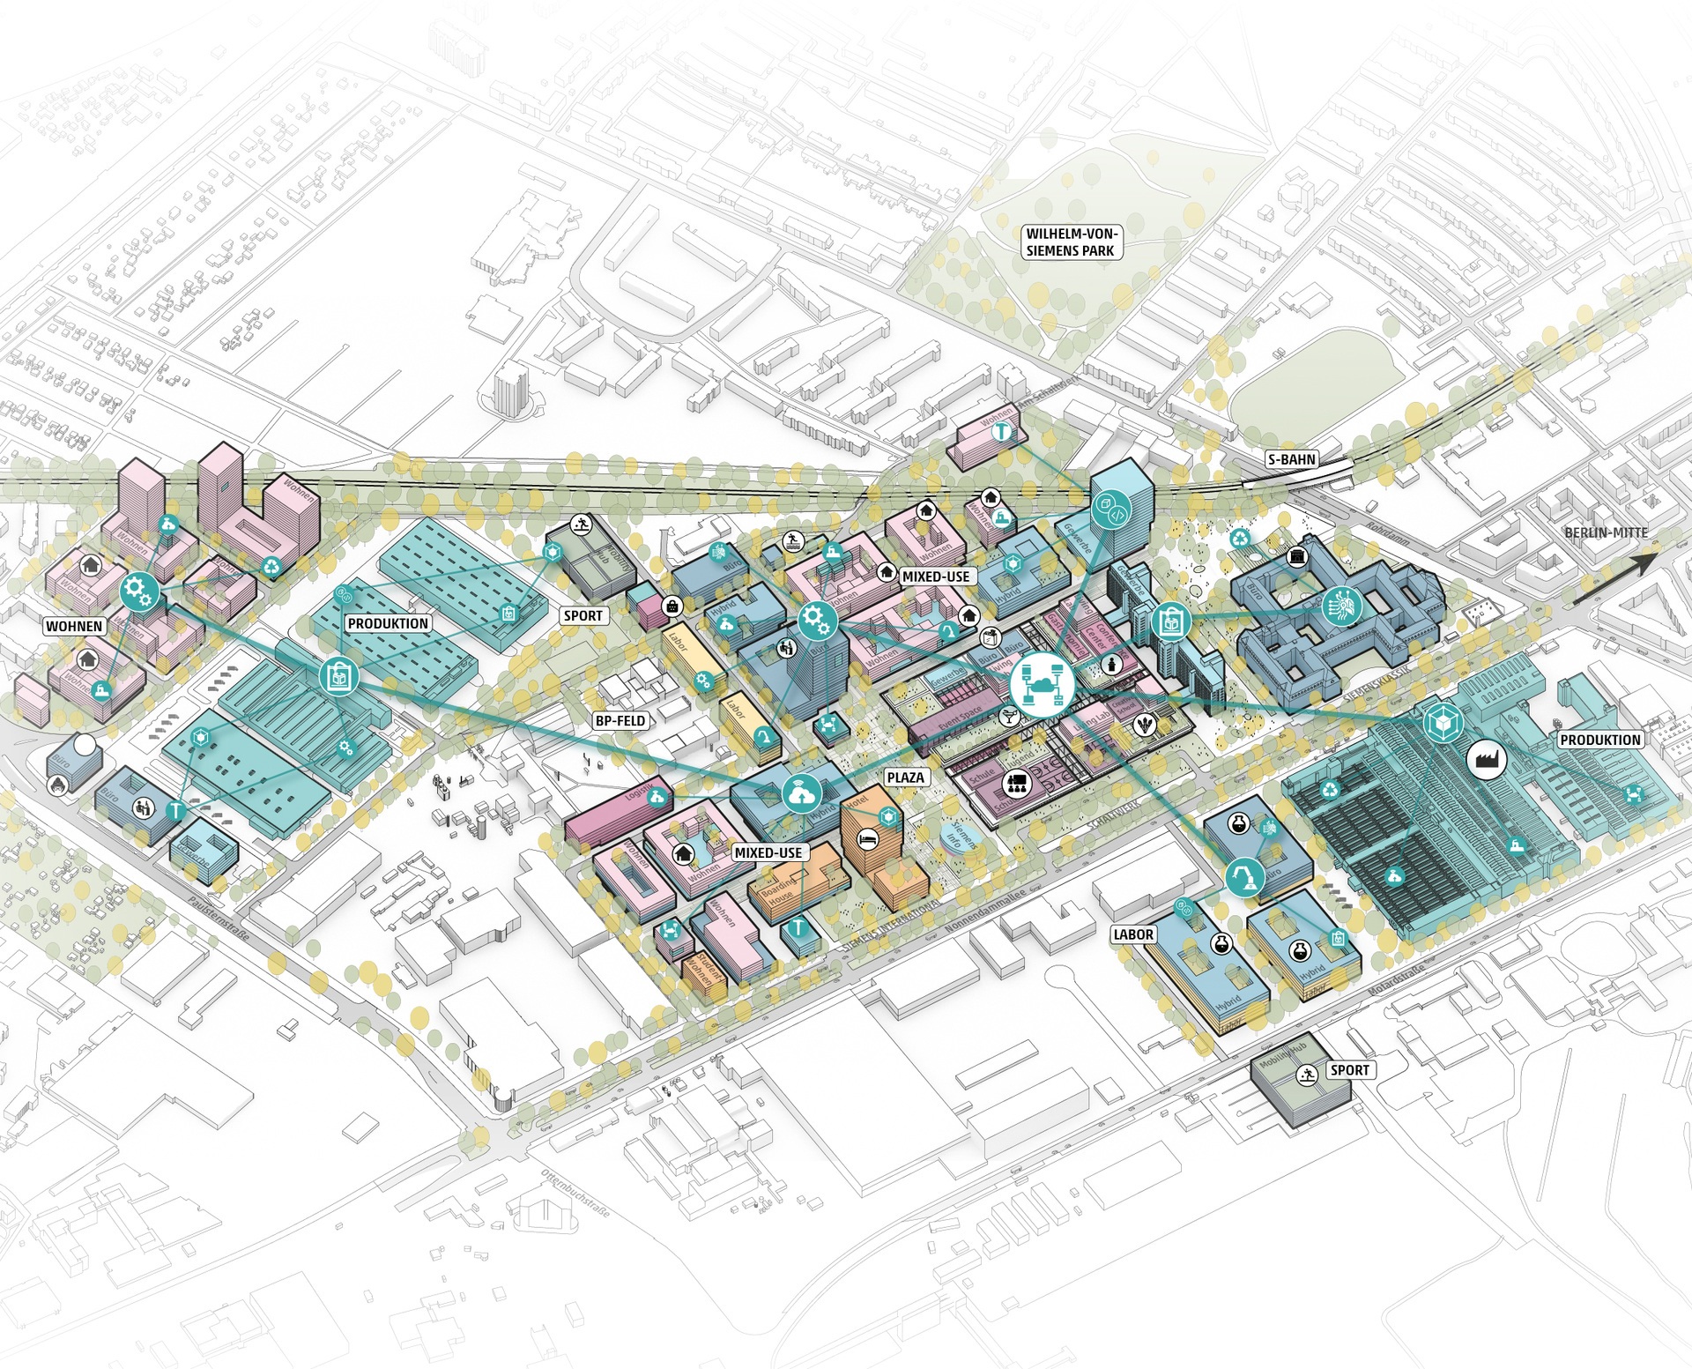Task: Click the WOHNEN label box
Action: coord(75,627)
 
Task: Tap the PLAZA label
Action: coord(905,777)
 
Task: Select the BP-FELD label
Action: coord(620,720)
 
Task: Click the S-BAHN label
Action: coord(1291,459)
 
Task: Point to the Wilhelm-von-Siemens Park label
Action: coord(1070,242)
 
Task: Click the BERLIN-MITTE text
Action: coord(1606,532)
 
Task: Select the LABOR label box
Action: coord(1133,934)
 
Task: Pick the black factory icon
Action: coord(1486,758)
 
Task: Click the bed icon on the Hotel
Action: coord(868,840)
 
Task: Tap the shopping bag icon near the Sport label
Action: coord(673,606)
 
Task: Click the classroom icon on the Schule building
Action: coord(1017,783)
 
